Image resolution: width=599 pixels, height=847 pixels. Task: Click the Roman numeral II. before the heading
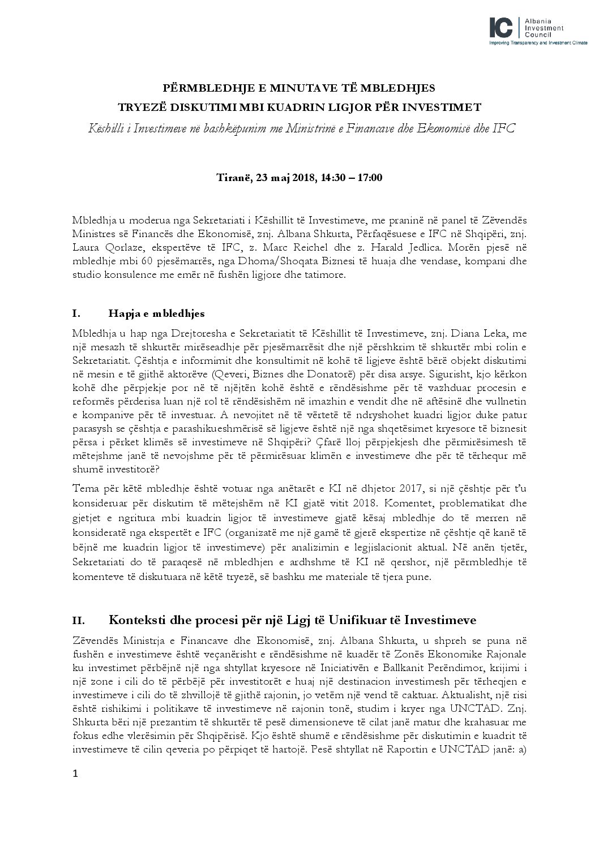[x=79, y=621]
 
